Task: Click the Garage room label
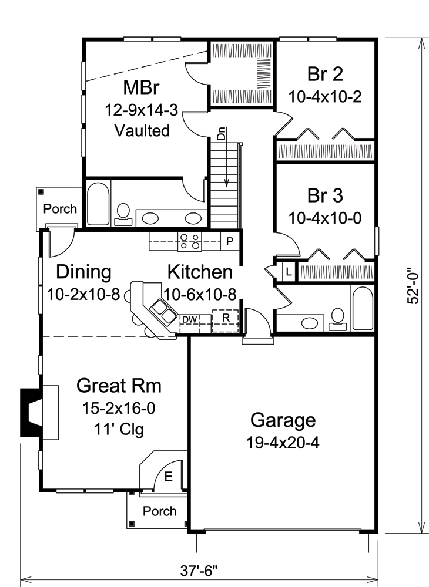[283, 420]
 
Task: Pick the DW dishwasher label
[189, 319]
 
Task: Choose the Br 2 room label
[325, 75]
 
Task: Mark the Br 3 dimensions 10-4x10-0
[325, 217]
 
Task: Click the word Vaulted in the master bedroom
[142, 130]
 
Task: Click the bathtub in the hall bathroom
[363, 308]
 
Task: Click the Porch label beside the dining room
[60, 208]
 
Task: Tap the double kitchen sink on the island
[163, 311]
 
